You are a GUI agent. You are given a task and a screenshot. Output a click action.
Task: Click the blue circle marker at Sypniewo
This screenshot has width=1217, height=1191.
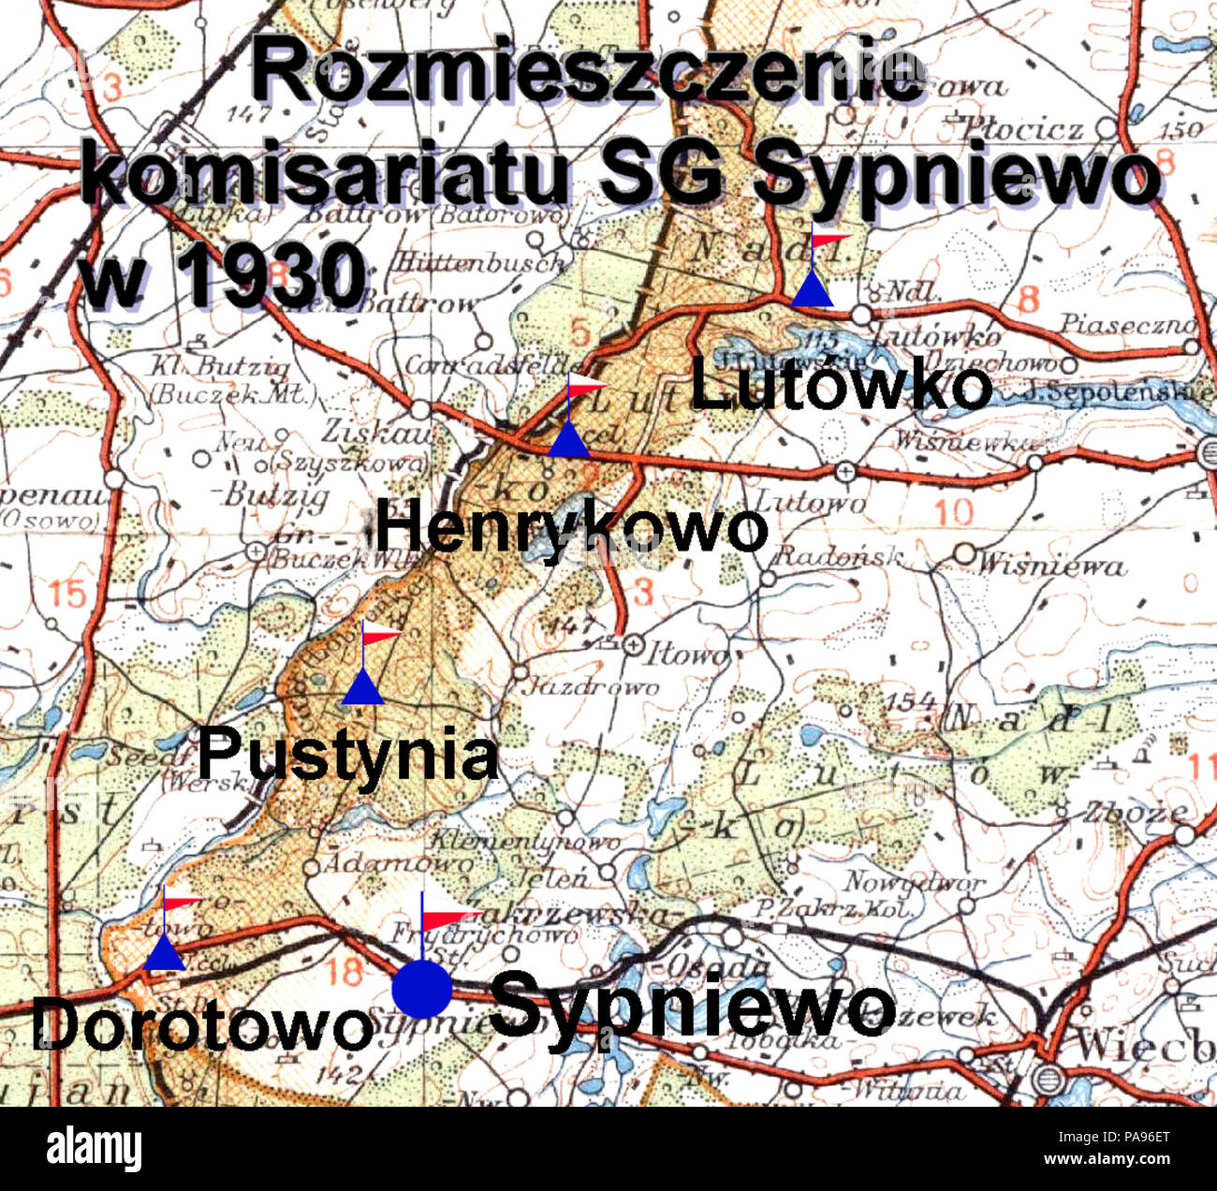pyautogui.click(x=421, y=989)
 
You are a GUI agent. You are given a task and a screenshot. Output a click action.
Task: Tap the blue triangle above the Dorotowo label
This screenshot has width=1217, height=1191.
pyautogui.click(x=165, y=953)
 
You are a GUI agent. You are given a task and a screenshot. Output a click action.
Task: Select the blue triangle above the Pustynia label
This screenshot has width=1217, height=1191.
pyautogui.click(x=363, y=688)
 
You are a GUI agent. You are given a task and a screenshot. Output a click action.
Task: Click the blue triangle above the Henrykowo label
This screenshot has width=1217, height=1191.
pyautogui.click(x=568, y=440)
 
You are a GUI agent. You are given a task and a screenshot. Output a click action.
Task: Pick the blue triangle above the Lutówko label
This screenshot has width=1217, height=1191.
pyautogui.click(x=812, y=289)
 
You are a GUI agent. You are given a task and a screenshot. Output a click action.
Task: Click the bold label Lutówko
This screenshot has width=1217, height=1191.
pyautogui.click(x=840, y=387)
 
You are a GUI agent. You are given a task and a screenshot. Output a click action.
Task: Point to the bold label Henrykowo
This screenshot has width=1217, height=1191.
pyautogui.click(x=570, y=528)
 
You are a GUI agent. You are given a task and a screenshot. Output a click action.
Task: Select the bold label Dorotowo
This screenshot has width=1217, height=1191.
pyautogui.click(x=201, y=1026)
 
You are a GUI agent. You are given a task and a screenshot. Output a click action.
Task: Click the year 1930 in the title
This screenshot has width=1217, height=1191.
pyautogui.click(x=271, y=276)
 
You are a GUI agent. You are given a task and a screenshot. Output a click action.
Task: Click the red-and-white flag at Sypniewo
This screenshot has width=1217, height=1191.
pyautogui.click(x=449, y=913)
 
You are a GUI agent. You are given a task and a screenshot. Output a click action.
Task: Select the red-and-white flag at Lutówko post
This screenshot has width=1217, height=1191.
pyautogui.click(x=830, y=240)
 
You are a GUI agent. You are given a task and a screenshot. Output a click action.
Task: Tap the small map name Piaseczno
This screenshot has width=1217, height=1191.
pyautogui.click(x=1129, y=324)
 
